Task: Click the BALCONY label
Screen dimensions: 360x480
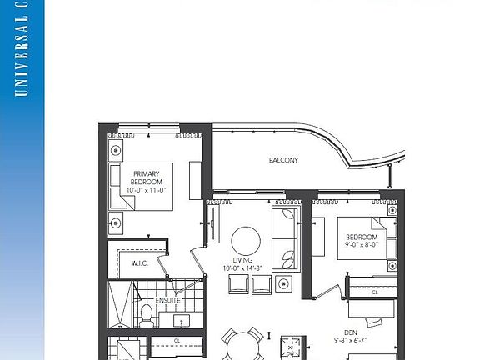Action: [283, 160]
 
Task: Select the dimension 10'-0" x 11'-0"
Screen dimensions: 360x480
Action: [147, 190]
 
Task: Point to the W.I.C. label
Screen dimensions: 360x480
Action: [139, 263]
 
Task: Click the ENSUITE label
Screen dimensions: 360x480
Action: [167, 300]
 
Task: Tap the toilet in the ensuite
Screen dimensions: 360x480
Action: [147, 314]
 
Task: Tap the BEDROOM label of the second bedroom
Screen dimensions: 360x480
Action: [362, 237]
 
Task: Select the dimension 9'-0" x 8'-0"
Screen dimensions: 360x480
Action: [362, 245]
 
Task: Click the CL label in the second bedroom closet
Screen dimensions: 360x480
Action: [374, 292]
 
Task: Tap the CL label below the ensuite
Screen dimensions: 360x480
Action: [177, 341]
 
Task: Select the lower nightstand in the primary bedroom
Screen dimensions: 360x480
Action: [116, 222]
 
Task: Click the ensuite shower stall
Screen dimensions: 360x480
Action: [121, 306]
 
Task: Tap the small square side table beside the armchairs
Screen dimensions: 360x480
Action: [285, 285]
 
